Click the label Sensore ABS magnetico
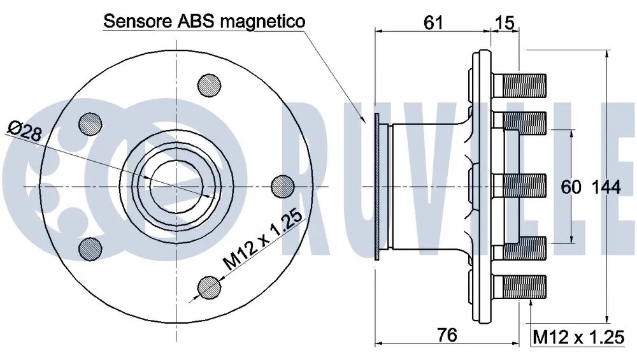coord(204,21)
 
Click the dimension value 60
coord(571,186)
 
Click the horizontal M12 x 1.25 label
coord(578,336)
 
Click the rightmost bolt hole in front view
coord(282,185)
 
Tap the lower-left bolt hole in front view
coord(89,248)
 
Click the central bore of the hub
coord(176,185)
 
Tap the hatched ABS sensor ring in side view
coord(377,186)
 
